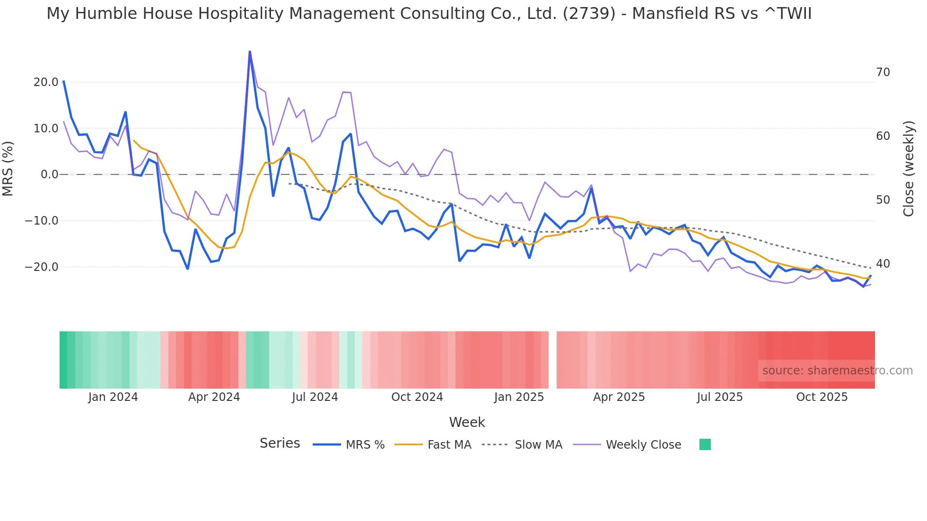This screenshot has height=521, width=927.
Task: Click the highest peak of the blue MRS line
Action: [250, 52]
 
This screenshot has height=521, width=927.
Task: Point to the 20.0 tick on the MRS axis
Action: [46, 82]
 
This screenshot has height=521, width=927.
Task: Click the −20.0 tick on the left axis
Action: [42, 267]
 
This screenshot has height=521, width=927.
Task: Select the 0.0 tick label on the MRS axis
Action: [50, 174]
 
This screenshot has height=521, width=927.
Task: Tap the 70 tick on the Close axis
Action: [883, 72]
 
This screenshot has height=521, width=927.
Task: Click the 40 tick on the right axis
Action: [883, 264]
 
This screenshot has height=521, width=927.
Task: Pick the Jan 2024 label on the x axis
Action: [113, 397]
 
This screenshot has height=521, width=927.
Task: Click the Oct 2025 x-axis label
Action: [822, 397]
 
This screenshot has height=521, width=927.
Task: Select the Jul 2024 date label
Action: [315, 397]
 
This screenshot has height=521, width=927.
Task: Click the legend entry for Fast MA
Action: [449, 445]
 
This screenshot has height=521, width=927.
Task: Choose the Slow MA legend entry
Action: [538, 445]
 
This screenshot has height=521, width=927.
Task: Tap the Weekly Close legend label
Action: [643, 445]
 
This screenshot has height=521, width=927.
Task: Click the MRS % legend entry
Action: [365, 445]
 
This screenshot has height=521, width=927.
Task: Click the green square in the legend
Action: [705, 444]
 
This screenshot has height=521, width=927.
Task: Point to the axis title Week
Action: [467, 422]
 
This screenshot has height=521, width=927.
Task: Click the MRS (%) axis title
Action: [8, 169]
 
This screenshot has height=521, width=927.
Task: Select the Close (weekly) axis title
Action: [909, 169]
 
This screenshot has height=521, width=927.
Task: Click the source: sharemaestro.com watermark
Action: [837, 371]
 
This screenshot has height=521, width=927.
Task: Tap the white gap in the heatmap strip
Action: [552, 360]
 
